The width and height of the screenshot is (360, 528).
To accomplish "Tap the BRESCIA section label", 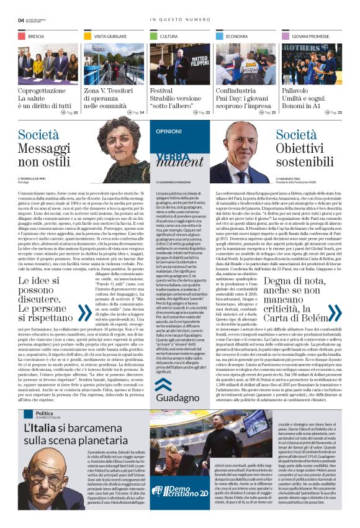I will coord(36,37).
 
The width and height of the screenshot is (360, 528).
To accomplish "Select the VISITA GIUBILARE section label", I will coord(107,37).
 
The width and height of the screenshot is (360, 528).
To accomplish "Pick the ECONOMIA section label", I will coord(236,37).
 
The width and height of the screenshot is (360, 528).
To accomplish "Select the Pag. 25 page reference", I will coord(269,112).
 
